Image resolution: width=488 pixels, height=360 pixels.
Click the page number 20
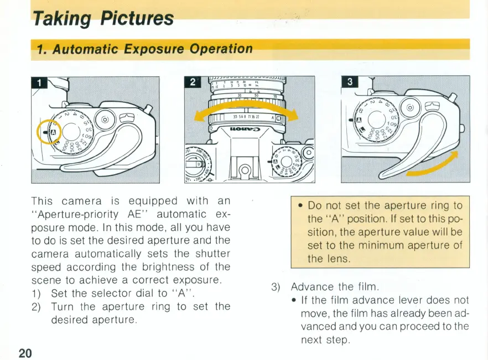click(25, 352)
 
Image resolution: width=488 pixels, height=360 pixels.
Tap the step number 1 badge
click(39, 84)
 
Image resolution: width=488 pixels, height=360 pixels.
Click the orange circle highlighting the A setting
click(49, 133)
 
